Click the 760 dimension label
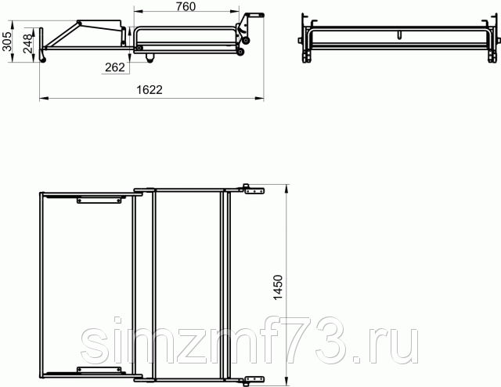tap(186, 6)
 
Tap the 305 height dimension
tap(7, 42)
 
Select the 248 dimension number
tap(28, 44)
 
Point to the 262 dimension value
tap(115, 67)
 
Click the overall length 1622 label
tap(150, 90)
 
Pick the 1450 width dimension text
tap(279, 288)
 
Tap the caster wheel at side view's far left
tap(43, 60)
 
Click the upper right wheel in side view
tap(246, 41)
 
